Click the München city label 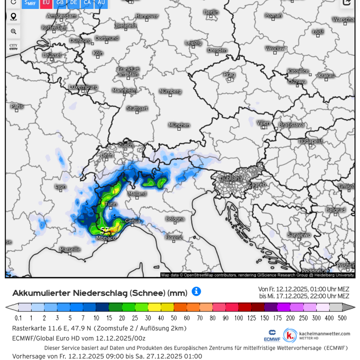point(179,125)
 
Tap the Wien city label point(264,123)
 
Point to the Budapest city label point(310,141)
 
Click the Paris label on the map point(17,106)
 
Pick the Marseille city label point(70,249)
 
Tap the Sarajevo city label point(299,235)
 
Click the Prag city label point(229,75)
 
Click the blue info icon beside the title point(196,291)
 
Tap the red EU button point(46,3)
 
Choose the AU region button point(101,3)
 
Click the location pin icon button point(13,17)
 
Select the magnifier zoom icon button point(13,32)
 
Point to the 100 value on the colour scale point(238,318)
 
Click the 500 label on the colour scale point(342,318)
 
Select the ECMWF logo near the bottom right point(273,335)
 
